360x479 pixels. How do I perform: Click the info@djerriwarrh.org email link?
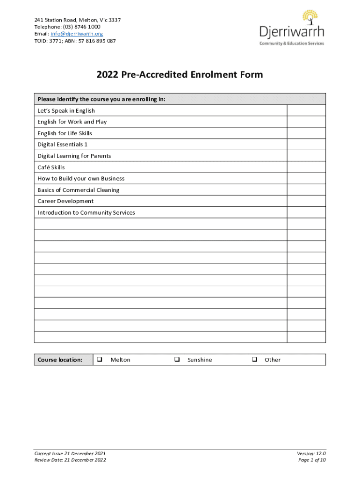pos(77,34)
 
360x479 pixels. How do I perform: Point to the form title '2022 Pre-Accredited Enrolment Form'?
pos(180,74)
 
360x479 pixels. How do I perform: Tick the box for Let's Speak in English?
pos(306,110)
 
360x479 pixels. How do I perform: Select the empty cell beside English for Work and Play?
pos(306,122)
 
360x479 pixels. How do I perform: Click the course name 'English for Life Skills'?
pos(65,133)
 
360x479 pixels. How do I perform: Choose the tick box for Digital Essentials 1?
pos(306,145)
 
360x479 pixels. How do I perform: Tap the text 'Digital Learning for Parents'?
pos(74,156)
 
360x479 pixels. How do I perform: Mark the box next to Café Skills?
pos(306,167)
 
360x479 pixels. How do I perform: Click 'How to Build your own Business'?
pos(81,179)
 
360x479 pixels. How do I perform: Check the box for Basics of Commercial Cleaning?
pos(306,190)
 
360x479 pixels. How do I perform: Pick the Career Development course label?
pos(65,201)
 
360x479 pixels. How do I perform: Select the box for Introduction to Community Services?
pos(306,212)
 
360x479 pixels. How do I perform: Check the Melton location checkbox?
pos(100,360)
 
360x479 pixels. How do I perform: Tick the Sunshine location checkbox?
pos(177,360)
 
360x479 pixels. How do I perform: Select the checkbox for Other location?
pos(254,360)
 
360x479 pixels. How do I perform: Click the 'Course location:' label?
pos(60,360)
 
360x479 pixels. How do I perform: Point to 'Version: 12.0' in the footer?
pos(311,453)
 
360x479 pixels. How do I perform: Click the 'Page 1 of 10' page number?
pos(311,460)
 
